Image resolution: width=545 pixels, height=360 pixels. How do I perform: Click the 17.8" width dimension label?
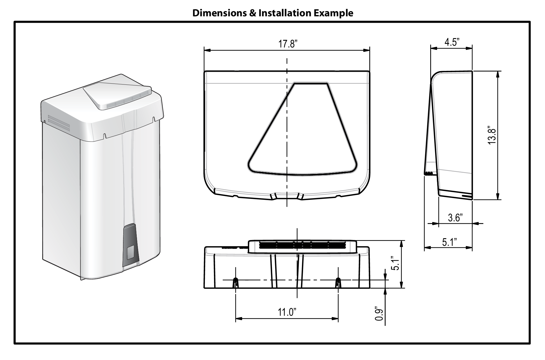(287, 44)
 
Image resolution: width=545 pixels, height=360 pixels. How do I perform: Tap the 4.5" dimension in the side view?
(451, 43)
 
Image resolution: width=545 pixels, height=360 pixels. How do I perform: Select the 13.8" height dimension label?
(492, 135)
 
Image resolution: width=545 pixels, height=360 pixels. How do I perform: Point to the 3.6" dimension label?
(455, 217)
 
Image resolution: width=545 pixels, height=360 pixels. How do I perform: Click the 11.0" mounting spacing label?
(287, 312)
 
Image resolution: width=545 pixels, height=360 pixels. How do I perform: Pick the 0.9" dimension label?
(379, 314)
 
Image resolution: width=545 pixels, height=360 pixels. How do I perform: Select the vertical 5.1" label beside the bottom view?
(395, 264)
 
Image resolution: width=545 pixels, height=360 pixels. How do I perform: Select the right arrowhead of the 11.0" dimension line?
(336, 319)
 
